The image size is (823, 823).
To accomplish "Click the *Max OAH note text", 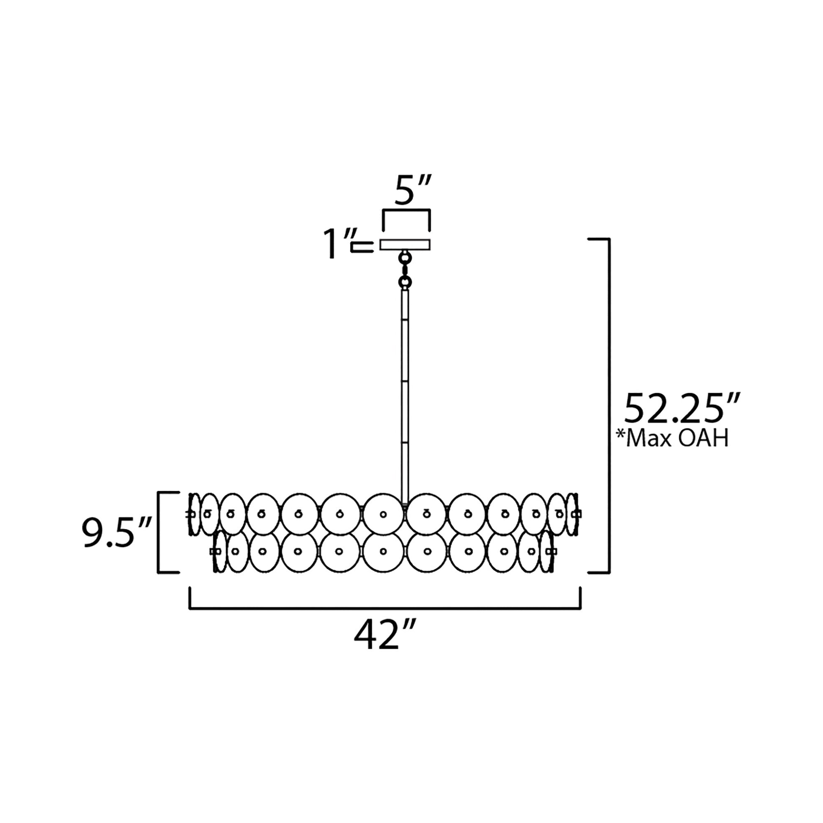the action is [x=672, y=438].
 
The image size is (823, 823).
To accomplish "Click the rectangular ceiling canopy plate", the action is [x=405, y=244].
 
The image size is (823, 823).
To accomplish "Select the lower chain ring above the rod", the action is [x=405, y=281].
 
